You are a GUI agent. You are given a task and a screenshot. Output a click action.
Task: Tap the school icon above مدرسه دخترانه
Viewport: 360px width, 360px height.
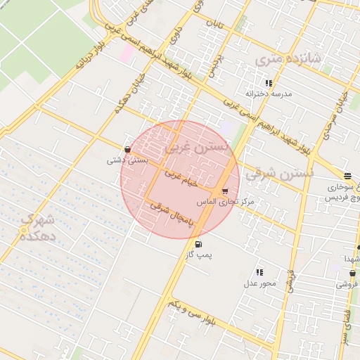269,83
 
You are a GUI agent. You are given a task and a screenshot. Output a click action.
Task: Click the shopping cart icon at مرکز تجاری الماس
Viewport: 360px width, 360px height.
224,191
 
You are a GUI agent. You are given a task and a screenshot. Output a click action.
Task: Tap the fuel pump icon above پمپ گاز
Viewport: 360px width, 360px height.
198,245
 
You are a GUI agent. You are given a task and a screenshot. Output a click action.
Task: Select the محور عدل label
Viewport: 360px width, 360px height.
259,283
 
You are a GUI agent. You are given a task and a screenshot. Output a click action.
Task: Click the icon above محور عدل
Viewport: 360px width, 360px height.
259,272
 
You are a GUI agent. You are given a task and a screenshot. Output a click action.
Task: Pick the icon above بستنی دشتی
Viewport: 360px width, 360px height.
127,149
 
